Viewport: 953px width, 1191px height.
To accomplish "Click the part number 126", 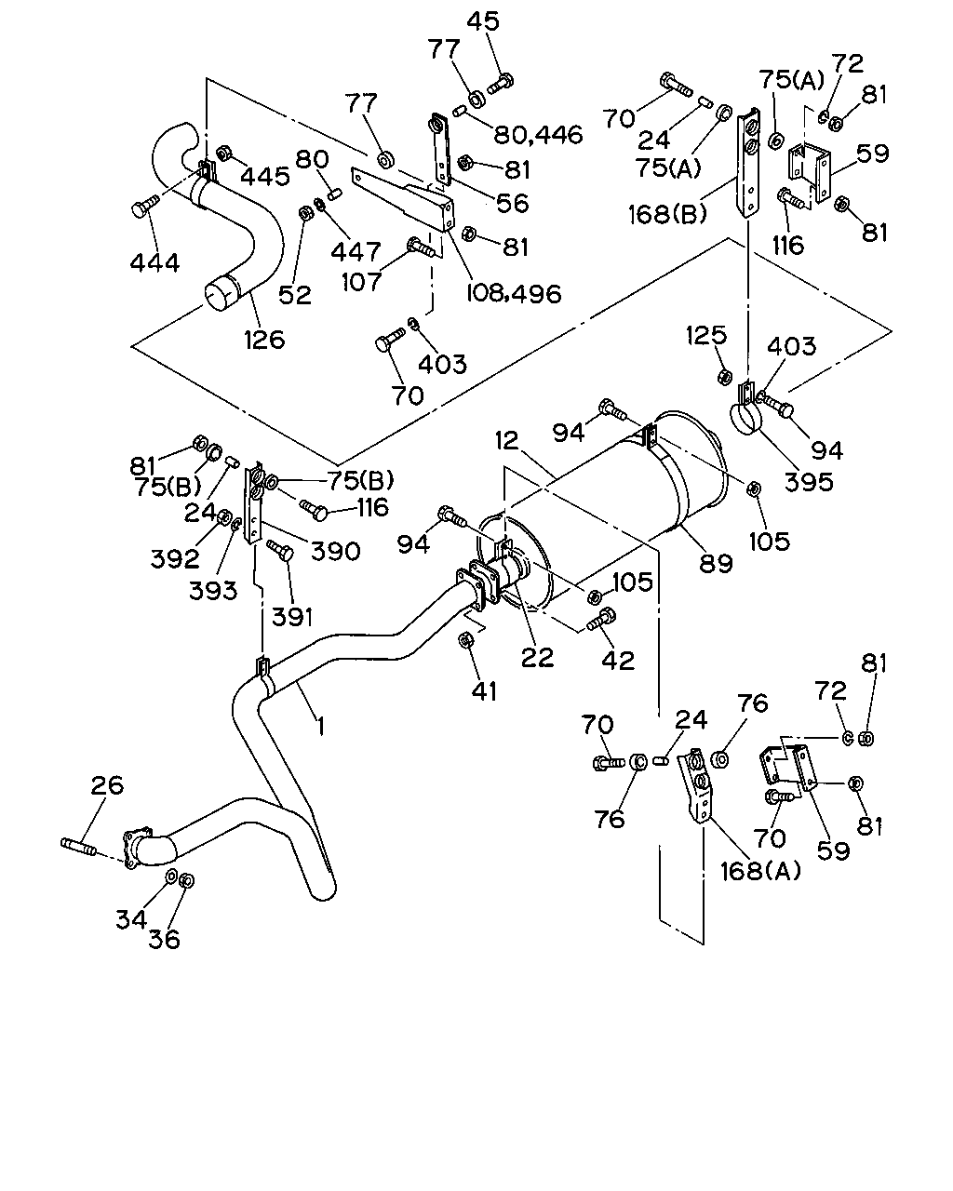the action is (264, 340).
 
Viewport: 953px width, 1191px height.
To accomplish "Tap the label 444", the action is (155, 262).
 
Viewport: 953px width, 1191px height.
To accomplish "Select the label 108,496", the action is (514, 293).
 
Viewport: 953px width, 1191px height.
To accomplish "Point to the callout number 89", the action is (716, 564).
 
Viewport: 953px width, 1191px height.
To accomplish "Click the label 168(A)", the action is (761, 871).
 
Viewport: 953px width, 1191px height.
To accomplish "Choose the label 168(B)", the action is (668, 214).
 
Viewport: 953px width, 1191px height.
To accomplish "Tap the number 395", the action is (809, 482).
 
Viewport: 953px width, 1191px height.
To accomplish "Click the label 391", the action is (292, 617).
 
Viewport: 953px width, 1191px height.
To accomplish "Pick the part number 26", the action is (107, 784).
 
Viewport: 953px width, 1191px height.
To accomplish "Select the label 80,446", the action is (538, 135).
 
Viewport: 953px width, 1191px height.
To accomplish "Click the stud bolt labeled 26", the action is (78, 846).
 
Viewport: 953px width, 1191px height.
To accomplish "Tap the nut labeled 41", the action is (465, 640).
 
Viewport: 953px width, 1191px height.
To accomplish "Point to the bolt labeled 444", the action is (145, 206).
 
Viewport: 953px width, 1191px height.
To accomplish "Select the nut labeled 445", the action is (223, 153).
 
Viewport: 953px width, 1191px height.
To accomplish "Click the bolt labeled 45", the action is (501, 84).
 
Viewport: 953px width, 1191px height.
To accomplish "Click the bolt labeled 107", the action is (422, 248).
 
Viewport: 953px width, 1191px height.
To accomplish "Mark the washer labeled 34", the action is (171, 877).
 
